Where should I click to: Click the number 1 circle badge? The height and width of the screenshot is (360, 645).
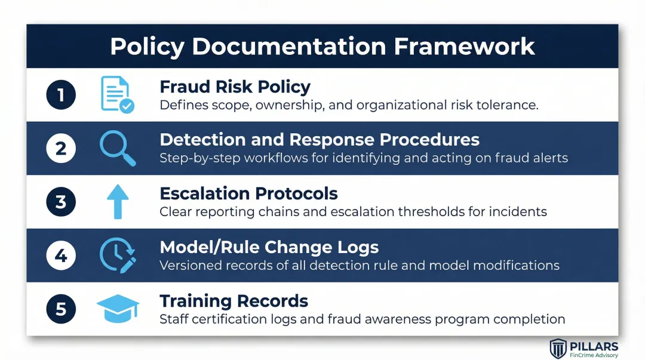point(61,95)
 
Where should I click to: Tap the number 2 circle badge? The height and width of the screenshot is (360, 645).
point(61,149)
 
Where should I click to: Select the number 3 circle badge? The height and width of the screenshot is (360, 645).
point(61,202)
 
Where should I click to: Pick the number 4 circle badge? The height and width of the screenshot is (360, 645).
point(61,256)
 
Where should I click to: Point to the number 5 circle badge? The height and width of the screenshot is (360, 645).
point(61,309)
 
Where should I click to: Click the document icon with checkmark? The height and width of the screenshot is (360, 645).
point(117,94)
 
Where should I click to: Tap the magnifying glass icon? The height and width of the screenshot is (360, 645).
point(117,148)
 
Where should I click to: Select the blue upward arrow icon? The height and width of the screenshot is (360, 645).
point(117,202)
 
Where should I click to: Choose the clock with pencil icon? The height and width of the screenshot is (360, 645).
point(117,256)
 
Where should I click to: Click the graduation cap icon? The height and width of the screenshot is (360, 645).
point(118,309)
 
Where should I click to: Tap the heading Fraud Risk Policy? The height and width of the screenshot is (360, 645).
point(235,87)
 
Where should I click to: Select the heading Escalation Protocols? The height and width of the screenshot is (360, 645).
point(248,193)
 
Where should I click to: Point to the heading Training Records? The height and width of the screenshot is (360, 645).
point(234,300)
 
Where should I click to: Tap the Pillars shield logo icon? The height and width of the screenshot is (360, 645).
point(558,348)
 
